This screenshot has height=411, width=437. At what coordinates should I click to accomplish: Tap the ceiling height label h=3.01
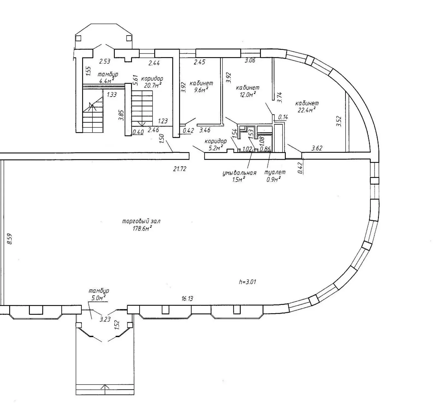[247, 282]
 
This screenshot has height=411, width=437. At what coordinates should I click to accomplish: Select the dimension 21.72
[179, 169]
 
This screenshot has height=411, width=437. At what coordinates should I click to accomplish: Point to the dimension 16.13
[187, 299]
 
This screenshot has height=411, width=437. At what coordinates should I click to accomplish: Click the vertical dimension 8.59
[10, 239]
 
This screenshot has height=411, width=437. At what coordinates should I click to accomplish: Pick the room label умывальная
[239, 173]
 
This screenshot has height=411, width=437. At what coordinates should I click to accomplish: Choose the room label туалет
[275, 172]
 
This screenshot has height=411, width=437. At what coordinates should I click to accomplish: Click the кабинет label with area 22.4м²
[307, 103]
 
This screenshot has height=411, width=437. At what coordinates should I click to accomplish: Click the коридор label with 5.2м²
[215, 141]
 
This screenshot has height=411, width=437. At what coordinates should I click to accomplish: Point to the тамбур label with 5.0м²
[99, 291]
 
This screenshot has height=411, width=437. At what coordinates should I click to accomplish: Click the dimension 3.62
[317, 148]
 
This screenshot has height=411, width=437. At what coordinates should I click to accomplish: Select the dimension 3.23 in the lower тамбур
[105, 319]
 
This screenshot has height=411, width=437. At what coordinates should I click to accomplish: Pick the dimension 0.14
[283, 117]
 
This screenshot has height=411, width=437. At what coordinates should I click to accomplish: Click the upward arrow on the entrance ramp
[105, 387]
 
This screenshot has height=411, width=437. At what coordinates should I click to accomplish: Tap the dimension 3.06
[250, 60]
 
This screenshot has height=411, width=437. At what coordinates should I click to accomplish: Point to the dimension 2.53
[105, 61]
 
